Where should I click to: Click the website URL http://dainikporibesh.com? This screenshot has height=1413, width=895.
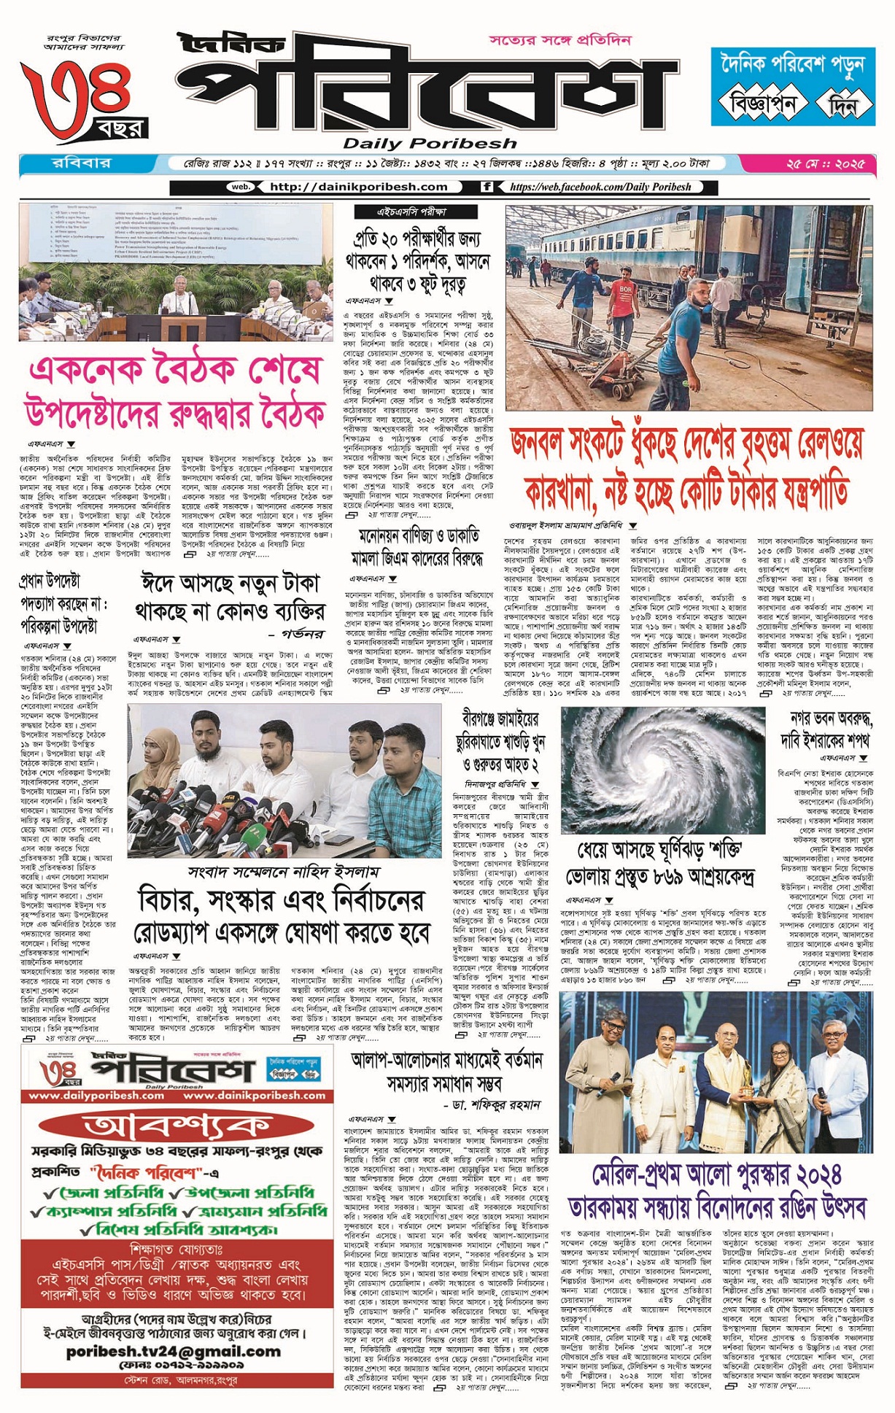(x=358, y=187)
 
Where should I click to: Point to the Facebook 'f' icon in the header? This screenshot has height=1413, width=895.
(x=487, y=187)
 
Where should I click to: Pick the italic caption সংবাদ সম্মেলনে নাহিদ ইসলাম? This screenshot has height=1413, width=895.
(x=283, y=871)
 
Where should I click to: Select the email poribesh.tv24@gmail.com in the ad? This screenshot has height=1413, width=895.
(x=173, y=1351)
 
